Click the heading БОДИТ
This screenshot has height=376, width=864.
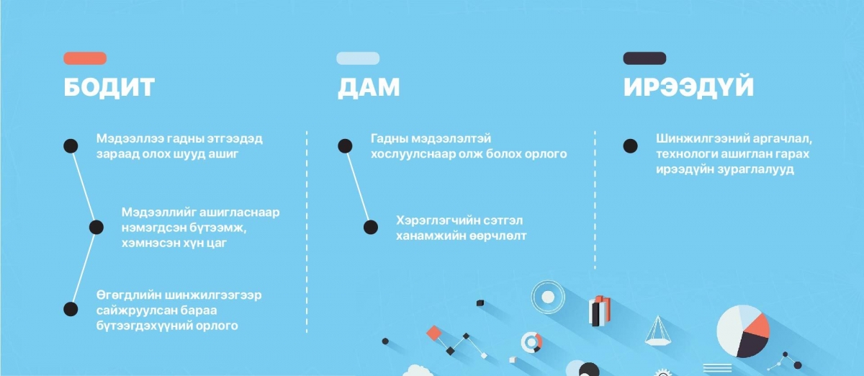pos(109,87)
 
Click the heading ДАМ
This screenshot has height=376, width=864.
pos(369,87)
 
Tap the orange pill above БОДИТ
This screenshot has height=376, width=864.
pos(85,58)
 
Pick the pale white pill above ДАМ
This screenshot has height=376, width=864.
pos(358,58)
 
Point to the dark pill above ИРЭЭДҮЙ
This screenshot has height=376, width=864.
pos(644,58)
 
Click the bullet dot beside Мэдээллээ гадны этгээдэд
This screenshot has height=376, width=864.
pos(71,146)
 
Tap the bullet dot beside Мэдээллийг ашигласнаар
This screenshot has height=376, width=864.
pos(96,227)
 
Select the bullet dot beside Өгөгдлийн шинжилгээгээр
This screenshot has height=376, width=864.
pos(71,309)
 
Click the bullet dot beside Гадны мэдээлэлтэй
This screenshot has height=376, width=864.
pos(345,146)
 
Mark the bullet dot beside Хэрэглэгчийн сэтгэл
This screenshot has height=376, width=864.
pos(371,227)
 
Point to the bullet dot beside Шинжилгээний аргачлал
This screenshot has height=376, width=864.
pos(630,146)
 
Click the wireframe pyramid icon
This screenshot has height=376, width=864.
pos(658,331)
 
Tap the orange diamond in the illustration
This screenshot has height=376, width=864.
pos(434,334)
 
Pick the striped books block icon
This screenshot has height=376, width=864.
pos(599,310)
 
